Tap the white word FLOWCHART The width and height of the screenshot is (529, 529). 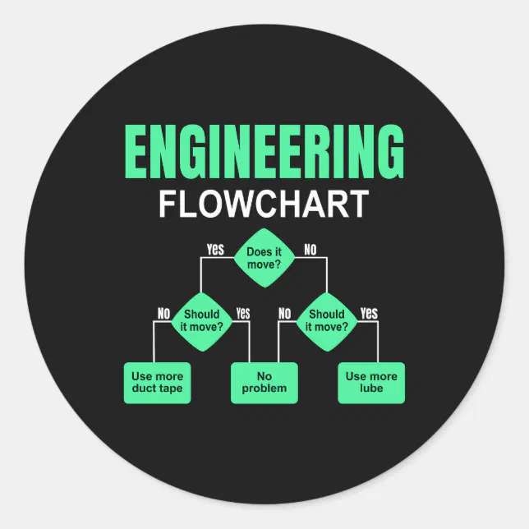click(x=264, y=204)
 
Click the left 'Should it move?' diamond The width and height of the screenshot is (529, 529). click(x=201, y=320)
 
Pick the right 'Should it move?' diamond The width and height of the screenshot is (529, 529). click(x=326, y=320)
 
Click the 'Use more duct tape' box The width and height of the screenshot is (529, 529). click(x=157, y=382)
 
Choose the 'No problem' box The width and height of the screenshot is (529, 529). click(x=264, y=382)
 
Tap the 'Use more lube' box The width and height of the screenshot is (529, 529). click(x=371, y=382)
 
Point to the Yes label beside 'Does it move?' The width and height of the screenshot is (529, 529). click(x=215, y=250)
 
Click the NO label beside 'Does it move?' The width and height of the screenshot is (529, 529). click(x=310, y=250)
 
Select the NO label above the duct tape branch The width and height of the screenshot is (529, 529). click(x=163, y=313)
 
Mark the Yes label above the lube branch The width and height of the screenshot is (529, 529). click(x=369, y=312)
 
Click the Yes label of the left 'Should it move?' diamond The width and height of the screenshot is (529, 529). click(x=242, y=313)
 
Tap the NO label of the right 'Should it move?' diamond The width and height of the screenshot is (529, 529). click(x=285, y=313)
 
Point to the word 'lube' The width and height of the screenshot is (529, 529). click(x=371, y=389)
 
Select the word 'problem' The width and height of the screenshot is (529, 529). click(x=264, y=389)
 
